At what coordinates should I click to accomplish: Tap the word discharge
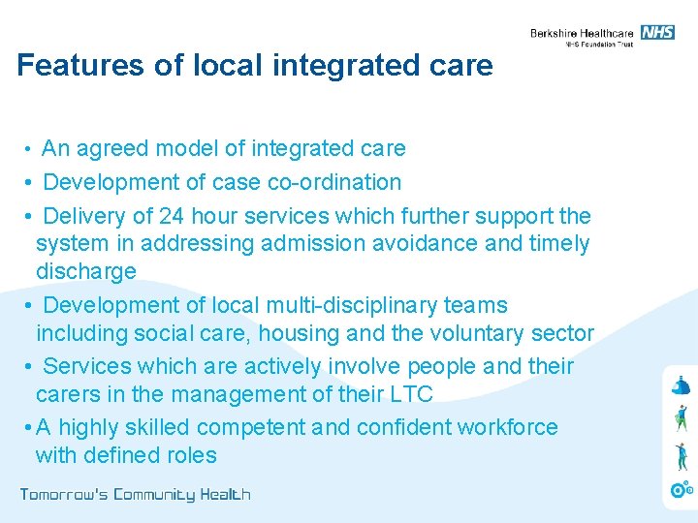(85, 271)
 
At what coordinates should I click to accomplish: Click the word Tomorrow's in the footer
(63, 495)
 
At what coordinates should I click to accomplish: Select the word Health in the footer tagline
(225, 495)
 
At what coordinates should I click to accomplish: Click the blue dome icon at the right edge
(681, 385)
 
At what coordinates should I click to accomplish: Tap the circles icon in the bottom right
(682, 489)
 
